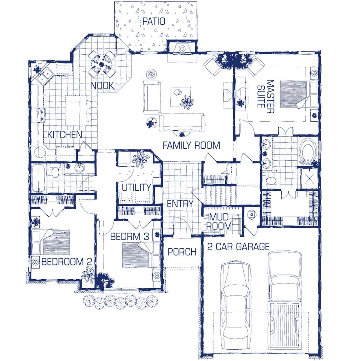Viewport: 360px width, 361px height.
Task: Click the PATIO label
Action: tap(154, 21)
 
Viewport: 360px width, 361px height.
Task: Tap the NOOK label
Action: tap(102, 86)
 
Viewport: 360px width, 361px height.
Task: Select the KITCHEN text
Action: tap(64, 135)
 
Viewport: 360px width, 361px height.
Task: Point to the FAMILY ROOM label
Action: tap(191, 145)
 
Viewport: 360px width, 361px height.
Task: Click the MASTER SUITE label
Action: tap(266, 96)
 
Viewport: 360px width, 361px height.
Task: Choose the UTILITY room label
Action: tap(136, 187)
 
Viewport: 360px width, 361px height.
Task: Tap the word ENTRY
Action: tap(180, 204)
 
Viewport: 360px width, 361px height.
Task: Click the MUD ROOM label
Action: tap(219, 222)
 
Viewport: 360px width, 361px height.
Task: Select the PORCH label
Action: tap(182, 252)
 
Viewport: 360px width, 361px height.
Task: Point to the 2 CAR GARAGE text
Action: tap(238, 247)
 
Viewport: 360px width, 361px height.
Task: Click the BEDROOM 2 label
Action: tap(67, 262)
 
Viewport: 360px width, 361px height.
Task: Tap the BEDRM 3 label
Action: tap(130, 237)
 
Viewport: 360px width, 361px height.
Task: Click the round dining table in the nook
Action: tap(102, 64)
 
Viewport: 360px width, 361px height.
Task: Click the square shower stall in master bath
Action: tap(309, 179)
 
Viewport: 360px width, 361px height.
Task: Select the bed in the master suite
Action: tap(299, 95)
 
